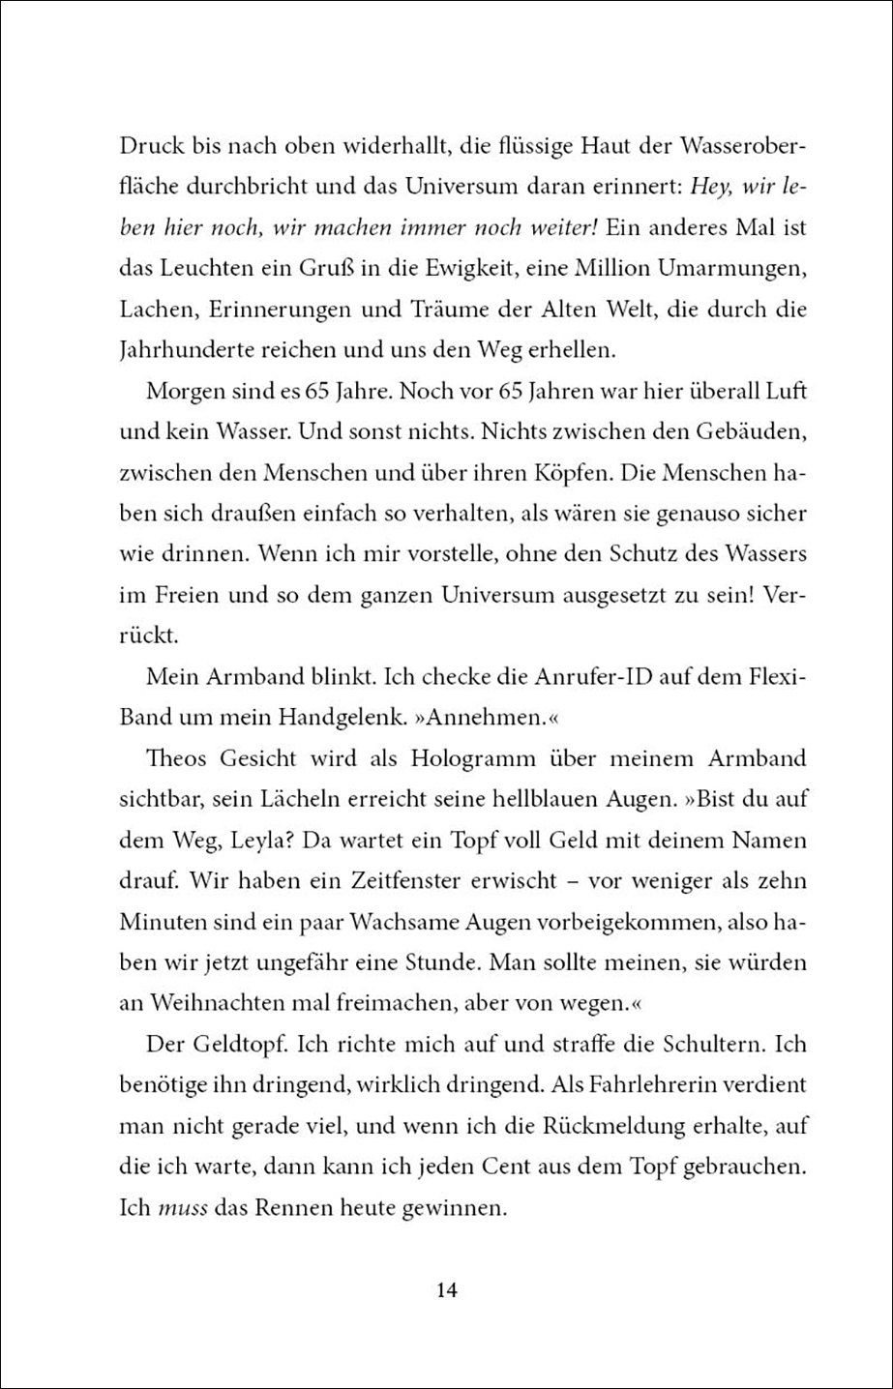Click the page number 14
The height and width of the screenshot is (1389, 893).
tap(446, 1289)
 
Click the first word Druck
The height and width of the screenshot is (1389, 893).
tap(153, 150)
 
